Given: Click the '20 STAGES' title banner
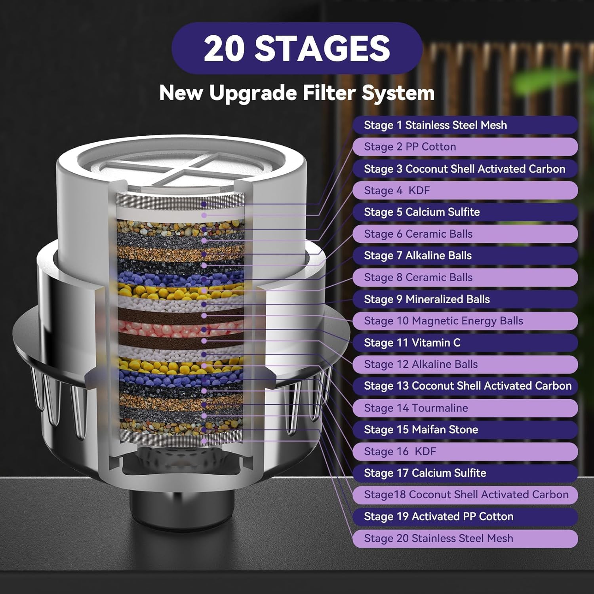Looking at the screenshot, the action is (297, 48).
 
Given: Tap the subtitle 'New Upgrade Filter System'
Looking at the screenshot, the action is (297, 93).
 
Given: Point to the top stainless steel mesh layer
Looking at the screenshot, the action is (181, 202).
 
